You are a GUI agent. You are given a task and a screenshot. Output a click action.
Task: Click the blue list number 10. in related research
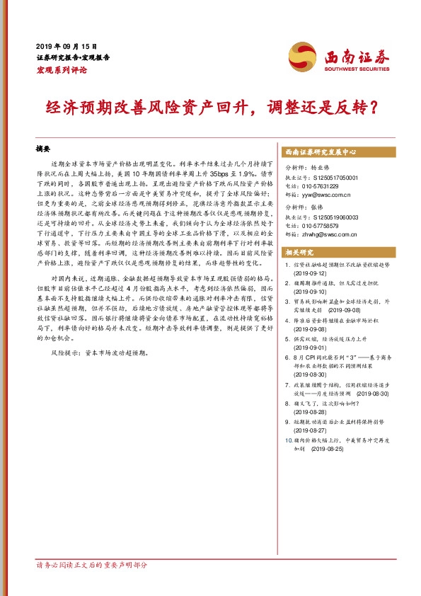(x=287, y=440)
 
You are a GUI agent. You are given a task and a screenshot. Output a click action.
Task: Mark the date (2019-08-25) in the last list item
(x=327, y=449)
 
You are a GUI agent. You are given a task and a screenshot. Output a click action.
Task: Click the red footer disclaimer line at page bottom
(x=92, y=566)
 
